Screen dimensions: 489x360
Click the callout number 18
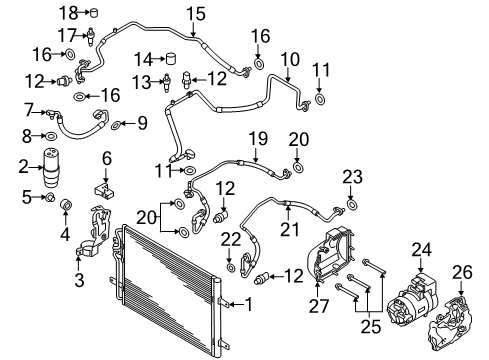click(69, 13)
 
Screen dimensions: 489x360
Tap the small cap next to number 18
click(94, 13)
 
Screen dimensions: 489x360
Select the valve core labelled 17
click(90, 36)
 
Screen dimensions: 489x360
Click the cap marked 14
click(171, 59)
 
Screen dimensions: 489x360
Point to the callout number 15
click(196, 14)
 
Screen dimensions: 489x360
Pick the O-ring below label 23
click(352, 204)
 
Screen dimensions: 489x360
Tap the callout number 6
click(107, 158)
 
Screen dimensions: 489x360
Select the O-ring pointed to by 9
click(115, 125)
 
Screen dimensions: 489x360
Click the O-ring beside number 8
click(51, 136)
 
